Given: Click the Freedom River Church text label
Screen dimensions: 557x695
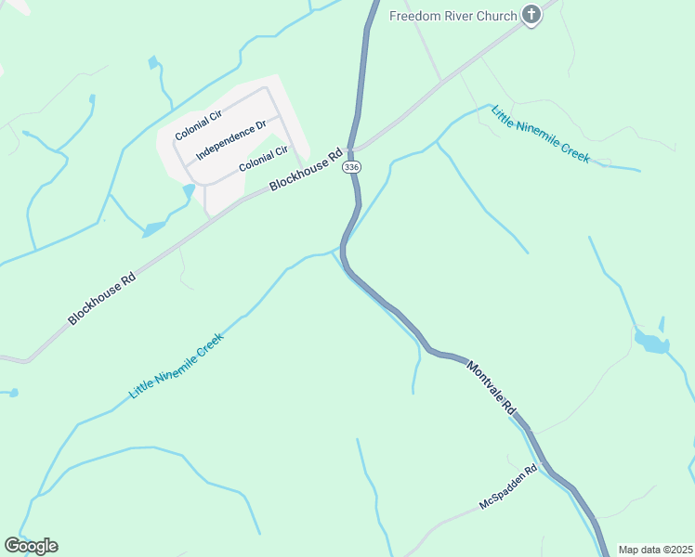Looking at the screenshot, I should [x=452, y=15].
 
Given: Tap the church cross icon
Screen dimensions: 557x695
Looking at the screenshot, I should [x=531, y=15].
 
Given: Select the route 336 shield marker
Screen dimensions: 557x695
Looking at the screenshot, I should [x=350, y=167].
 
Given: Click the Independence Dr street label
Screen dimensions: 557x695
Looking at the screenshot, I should [x=231, y=138].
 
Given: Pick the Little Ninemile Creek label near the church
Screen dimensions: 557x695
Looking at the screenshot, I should [x=541, y=134].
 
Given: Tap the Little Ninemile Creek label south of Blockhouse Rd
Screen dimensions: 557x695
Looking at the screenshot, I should [x=177, y=366].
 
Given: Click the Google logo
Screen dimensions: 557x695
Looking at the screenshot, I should [x=31, y=546].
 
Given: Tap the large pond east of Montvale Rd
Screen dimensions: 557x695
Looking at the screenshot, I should [x=651, y=343].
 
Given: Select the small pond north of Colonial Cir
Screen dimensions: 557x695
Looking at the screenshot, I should [x=152, y=63].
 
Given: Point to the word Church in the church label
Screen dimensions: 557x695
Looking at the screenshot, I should [x=496, y=15].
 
